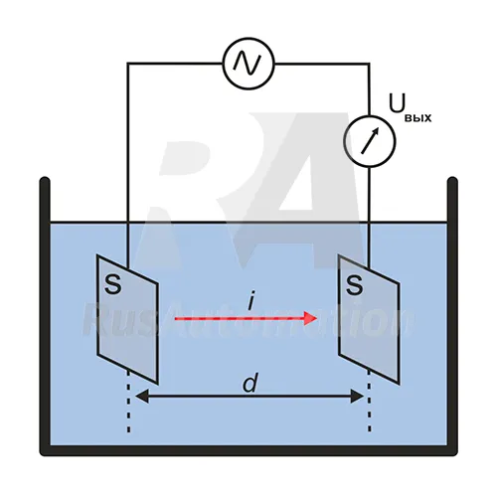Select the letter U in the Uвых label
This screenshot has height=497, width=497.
click(397, 103)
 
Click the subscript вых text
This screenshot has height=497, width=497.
click(418, 117)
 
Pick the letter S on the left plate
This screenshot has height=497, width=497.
click(113, 284)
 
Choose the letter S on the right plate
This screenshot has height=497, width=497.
click(354, 285)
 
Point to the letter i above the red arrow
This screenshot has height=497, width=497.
click(252, 302)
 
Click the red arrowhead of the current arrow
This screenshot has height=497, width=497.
click(310, 318)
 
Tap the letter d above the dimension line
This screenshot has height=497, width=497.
click(249, 384)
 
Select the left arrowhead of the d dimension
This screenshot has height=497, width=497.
click(142, 397)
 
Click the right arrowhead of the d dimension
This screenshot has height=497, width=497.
click(357, 397)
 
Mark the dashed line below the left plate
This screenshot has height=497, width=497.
click(128, 402)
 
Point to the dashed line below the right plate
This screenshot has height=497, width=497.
click(369, 402)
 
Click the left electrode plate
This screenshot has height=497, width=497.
click(127, 319)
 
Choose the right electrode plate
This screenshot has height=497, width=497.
click(369, 319)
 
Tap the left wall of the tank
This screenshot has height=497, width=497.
click(45, 315)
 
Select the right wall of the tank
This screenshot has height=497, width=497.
click(452, 315)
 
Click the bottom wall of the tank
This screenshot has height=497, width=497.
click(248, 450)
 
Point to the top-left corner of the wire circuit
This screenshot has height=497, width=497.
click(127, 64)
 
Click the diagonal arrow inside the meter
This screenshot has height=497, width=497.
click(370, 141)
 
